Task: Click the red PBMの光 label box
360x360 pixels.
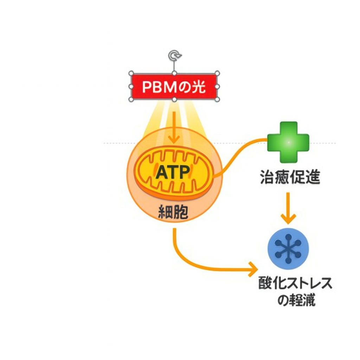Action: [174, 86]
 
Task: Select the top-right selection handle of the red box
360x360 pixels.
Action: [217, 74]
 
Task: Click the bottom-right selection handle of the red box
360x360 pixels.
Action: [217, 99]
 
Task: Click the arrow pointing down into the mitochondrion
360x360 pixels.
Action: [174, 130]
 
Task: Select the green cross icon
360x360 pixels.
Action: [288, 142]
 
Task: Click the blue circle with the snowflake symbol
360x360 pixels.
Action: [288, 247]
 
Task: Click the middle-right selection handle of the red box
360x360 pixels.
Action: [217, 86]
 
